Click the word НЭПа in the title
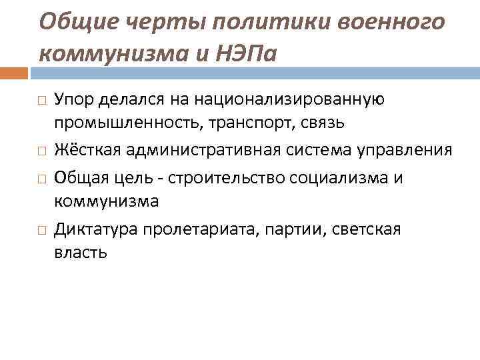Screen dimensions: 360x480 click(x=247, y=51)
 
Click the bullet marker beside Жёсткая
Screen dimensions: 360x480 click(x=41, y=151)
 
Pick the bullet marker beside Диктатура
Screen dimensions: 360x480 click(x=41, y=229)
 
